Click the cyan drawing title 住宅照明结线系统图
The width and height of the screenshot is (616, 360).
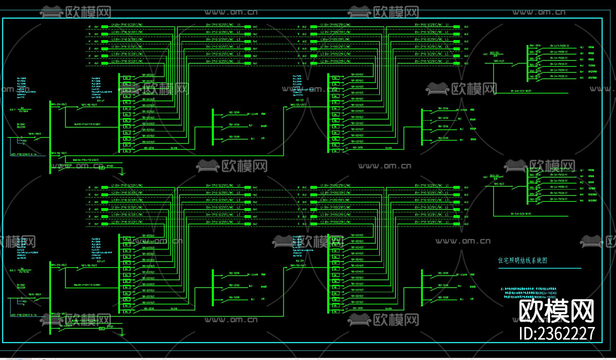tap(522, 261)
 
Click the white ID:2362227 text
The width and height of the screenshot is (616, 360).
tap(557, 333)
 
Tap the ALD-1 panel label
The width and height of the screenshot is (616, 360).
tap(13, 110)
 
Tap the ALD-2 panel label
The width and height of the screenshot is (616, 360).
tap(13, 270)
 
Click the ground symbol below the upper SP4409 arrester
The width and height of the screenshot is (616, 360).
tap(122, 173)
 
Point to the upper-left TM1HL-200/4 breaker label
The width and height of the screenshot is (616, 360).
tap(34, 134)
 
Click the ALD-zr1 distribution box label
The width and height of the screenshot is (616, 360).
tap(101, 101)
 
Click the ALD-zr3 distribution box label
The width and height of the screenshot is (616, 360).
tap(101, 261)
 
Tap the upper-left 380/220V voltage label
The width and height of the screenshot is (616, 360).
tap(21, 127)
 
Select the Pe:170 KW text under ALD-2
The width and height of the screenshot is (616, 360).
tap(24, 272)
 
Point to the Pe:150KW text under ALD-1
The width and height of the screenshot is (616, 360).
tap(24, 111)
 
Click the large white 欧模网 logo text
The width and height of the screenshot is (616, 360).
tap(557, 311)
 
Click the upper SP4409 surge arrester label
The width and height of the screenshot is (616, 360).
tap(110, 166)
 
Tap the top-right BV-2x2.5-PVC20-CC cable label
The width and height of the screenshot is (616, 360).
tap(559, 46)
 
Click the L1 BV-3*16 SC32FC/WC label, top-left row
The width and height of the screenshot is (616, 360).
tap(127, 25)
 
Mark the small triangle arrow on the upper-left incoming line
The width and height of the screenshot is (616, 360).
tap(21, 137)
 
